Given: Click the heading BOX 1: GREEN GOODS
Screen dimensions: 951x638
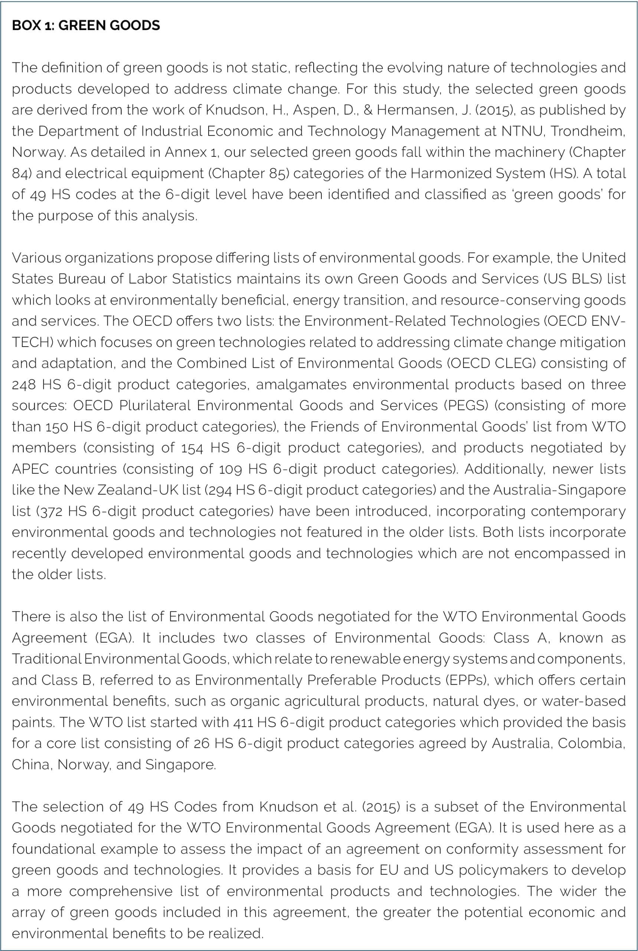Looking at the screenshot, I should coord(86,25).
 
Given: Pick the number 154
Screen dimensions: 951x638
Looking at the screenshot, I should coord(191,448).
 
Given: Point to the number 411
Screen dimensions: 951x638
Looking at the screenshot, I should coord(243,722).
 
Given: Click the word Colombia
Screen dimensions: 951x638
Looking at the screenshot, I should coord(591,743).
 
